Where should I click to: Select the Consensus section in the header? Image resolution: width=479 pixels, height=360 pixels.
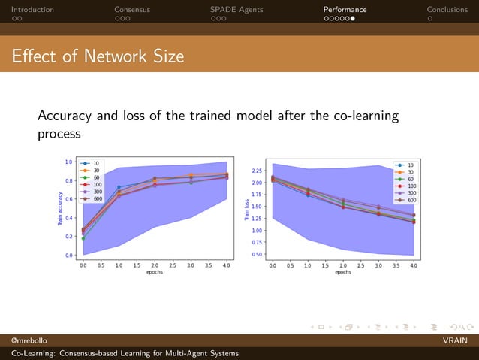[132, 10]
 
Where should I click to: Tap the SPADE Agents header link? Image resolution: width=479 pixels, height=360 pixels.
[237, 10]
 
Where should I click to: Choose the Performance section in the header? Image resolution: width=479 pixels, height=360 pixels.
[345, 10]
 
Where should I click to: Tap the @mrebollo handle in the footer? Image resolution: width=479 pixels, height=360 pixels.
[23, 340]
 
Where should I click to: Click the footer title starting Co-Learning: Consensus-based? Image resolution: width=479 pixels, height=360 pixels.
[120, 353]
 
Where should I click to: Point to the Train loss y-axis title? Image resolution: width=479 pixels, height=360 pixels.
[246, 210]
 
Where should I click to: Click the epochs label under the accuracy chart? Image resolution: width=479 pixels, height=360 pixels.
[154, 272]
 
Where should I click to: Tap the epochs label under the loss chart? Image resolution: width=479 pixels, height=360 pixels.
[342, 272]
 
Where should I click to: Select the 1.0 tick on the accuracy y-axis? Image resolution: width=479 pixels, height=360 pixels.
[68, 162]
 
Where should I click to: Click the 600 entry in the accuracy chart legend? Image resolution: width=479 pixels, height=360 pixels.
[97, 199]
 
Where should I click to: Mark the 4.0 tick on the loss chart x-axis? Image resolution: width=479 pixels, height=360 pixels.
[414, 265]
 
